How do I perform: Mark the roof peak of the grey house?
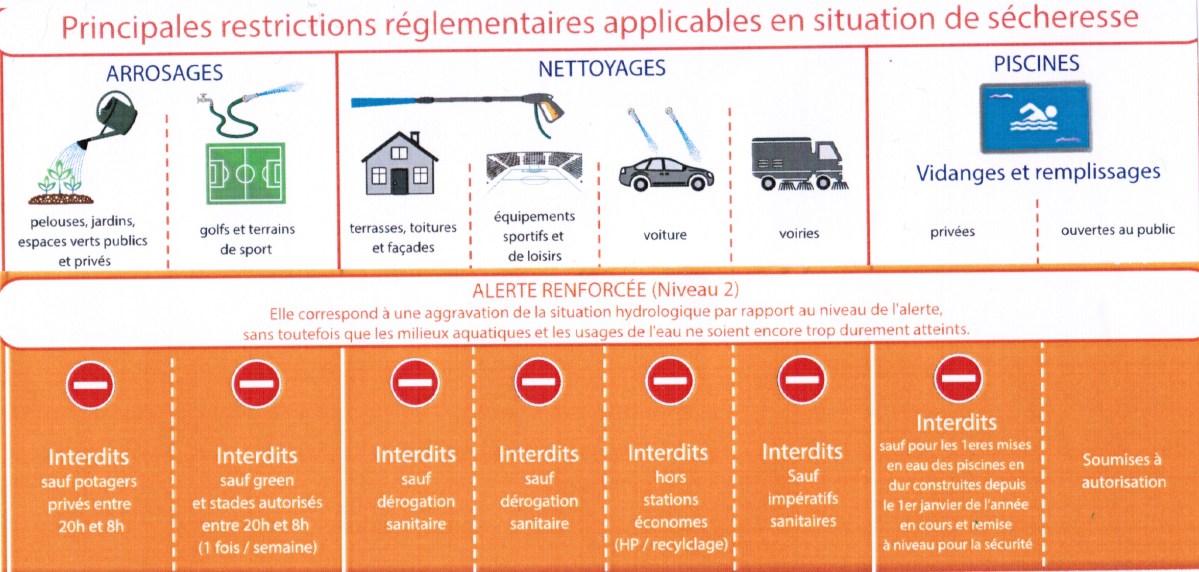pos(400,133)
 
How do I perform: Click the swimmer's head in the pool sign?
pos(1050,111)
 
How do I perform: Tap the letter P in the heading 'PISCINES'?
pos(999,64)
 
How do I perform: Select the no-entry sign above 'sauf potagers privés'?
pos(90,385)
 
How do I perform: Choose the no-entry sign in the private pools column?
pos(959,378)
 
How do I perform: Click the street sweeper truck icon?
pos(799,164)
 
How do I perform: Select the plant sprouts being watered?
pos(60,180)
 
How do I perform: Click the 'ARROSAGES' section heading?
pos(164,73)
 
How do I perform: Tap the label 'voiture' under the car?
pos(665,235)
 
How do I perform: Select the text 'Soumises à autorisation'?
pos(1123,470)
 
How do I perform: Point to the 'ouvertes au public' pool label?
pos(1118,230)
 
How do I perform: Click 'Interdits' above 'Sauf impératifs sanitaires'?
pos(802,452)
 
